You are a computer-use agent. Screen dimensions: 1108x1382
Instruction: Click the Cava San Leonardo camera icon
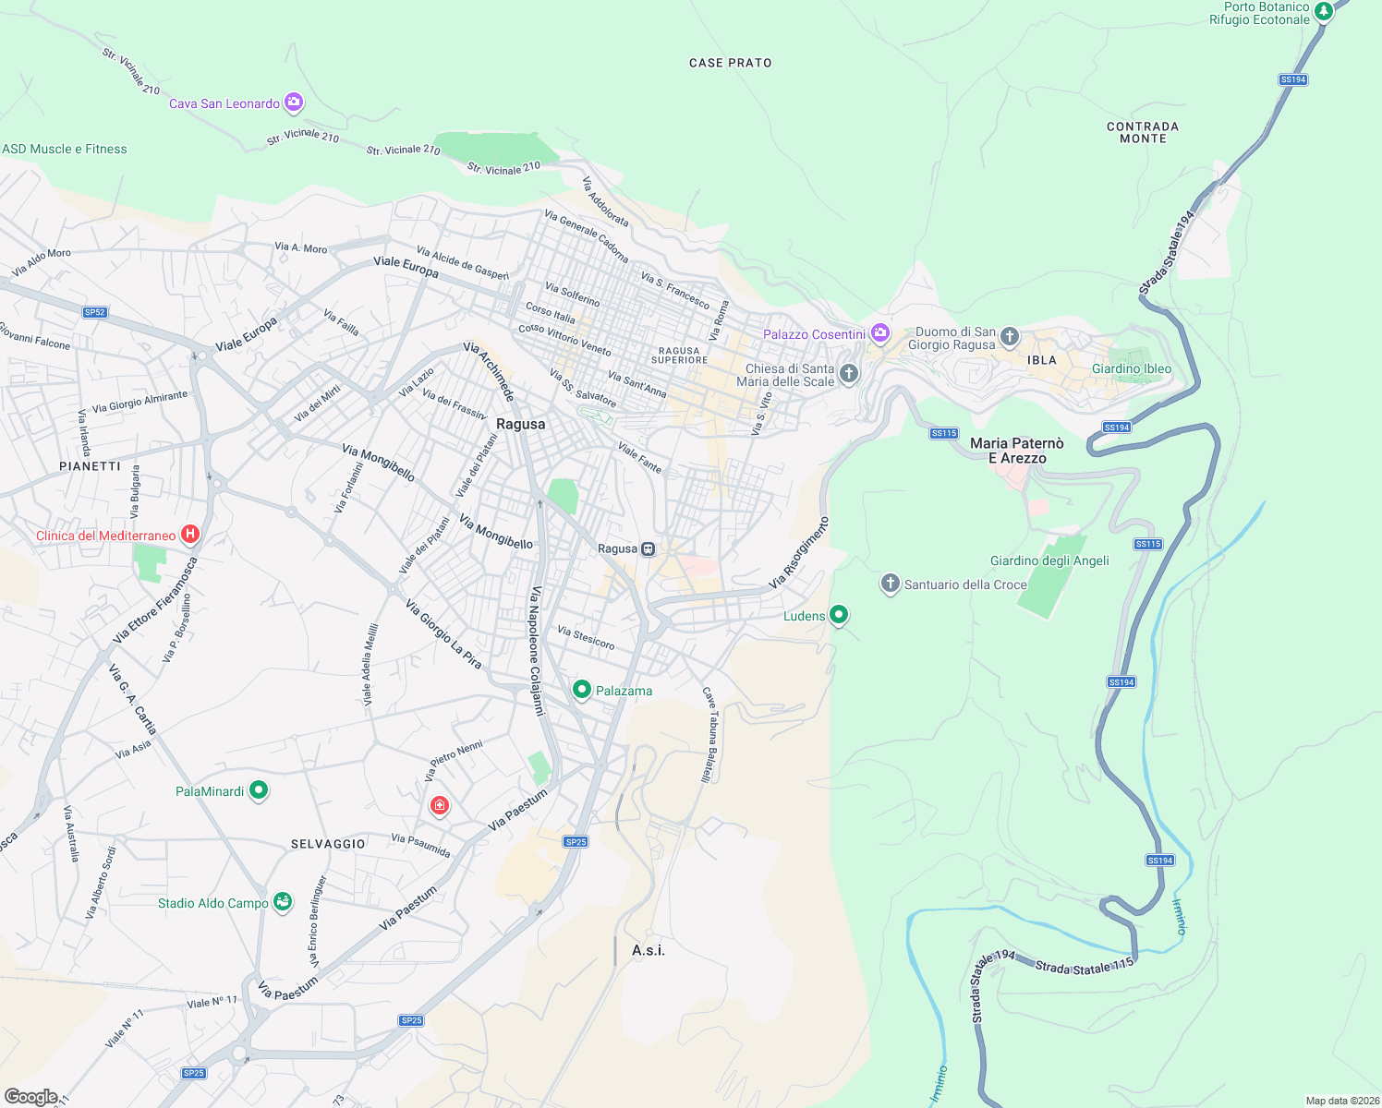294,102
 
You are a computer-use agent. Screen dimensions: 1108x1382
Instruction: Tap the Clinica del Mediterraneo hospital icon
190,534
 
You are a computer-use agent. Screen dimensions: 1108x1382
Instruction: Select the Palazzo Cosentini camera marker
879,332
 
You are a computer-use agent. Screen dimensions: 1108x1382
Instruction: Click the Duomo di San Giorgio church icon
1010,336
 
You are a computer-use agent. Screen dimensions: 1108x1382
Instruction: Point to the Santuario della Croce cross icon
890,583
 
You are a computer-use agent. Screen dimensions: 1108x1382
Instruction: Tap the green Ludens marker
839,614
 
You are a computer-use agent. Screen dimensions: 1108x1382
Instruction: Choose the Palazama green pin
582,689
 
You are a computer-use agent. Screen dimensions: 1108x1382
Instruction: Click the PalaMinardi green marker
259,789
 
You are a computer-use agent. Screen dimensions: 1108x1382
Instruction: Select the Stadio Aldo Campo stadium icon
283,901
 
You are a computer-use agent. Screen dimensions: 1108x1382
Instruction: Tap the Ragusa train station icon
649,548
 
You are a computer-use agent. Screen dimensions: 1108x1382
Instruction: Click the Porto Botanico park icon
1324,11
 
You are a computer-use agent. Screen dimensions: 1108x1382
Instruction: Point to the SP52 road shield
95,312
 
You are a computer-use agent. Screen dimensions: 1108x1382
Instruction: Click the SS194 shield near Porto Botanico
1293,79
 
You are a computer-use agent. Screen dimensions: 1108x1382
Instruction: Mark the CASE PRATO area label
730,63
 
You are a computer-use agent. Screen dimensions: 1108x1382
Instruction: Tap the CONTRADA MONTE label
1143,132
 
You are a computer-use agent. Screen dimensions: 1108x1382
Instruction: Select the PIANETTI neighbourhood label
90,466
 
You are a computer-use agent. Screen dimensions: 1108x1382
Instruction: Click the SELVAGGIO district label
328,844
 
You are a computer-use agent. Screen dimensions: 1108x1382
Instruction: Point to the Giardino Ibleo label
1132,368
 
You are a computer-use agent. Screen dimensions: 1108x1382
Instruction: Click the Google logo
31,1096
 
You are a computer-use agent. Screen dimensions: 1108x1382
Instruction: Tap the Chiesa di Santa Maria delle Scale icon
849,373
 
